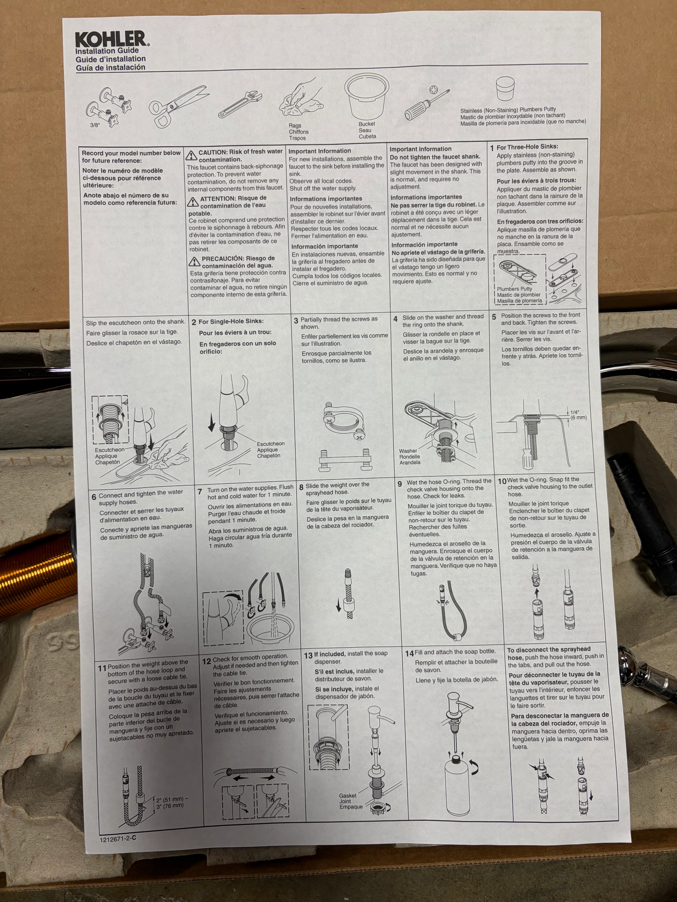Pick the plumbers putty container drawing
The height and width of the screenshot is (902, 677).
pos(505,89)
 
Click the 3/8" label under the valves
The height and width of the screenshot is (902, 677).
pos(95,125)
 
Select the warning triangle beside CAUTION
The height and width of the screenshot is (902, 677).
pos(191,155)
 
